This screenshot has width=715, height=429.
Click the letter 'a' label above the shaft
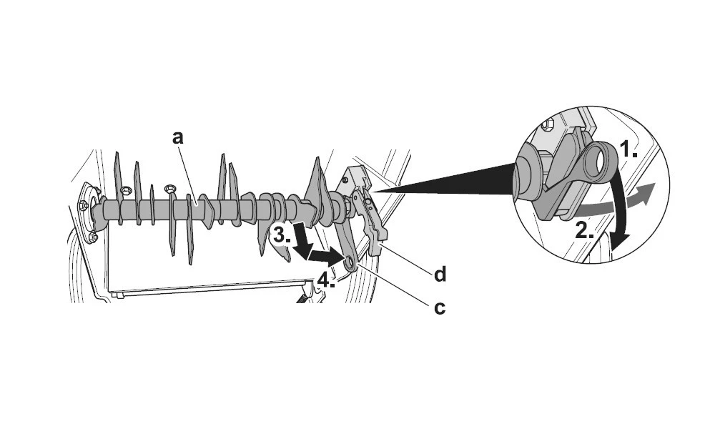[178, 137]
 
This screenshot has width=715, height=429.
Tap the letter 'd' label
[440, 273]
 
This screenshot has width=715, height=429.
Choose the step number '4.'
[325, 280]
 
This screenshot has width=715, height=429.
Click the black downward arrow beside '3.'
[302, 241]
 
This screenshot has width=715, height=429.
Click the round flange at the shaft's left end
[89, 211]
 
